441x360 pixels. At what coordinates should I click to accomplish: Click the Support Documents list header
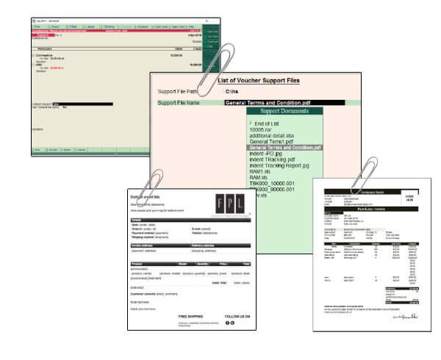click(x=285, y=111)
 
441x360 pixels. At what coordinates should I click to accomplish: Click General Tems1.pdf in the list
click(x=272, y=142)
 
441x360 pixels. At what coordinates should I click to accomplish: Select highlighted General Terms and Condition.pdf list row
click(x=284, y=148)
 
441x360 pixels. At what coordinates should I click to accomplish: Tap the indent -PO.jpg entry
click(x=268, y=154)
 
